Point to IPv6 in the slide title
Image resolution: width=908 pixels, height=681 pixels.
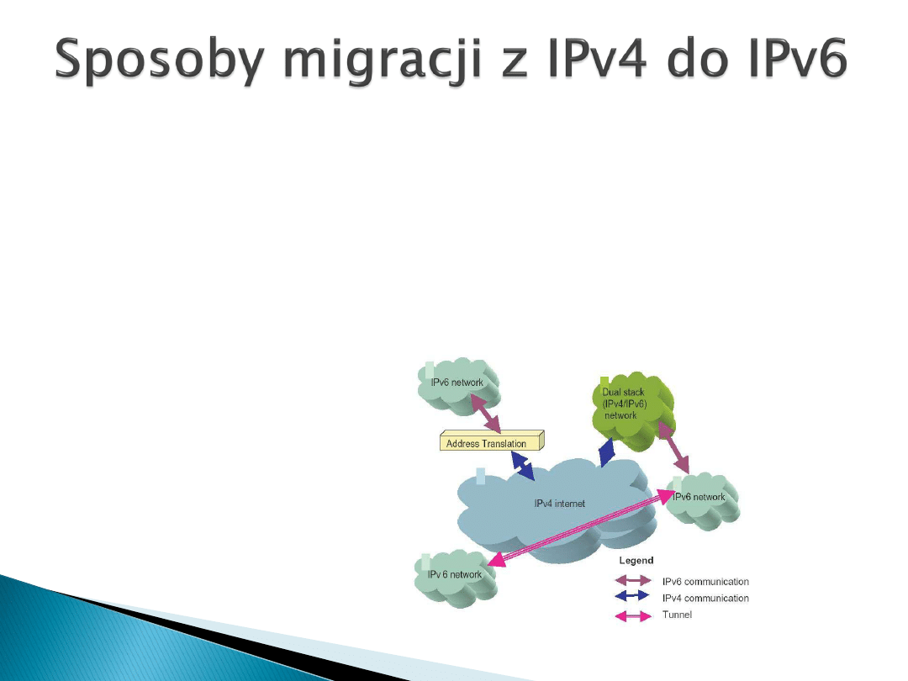tap(797, 57)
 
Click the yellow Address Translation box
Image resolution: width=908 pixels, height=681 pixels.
tap(492, 441)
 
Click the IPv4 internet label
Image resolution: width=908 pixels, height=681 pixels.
tap(559, 504)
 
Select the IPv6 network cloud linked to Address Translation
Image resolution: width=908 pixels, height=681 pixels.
tap(458, 386)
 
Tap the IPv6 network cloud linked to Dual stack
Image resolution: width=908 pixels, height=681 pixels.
tap(702, 500)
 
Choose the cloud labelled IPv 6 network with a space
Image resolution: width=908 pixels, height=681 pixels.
tap(456, 578)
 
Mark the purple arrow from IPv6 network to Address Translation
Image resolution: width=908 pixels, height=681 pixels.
tap(485, 414)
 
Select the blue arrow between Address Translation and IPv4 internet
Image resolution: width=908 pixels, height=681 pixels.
tap(523, 466)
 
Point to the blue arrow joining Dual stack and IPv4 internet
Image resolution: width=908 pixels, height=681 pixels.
tap(607, 452)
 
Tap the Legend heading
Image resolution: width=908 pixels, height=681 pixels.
tap(636, 561)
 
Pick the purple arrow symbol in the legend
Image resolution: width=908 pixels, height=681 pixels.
tap(633, 580)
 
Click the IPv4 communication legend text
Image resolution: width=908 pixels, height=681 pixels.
tap(705, 599)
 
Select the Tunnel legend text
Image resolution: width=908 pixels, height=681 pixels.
tap(677, 615)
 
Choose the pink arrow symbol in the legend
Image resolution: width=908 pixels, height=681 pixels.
tap(633, 616)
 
